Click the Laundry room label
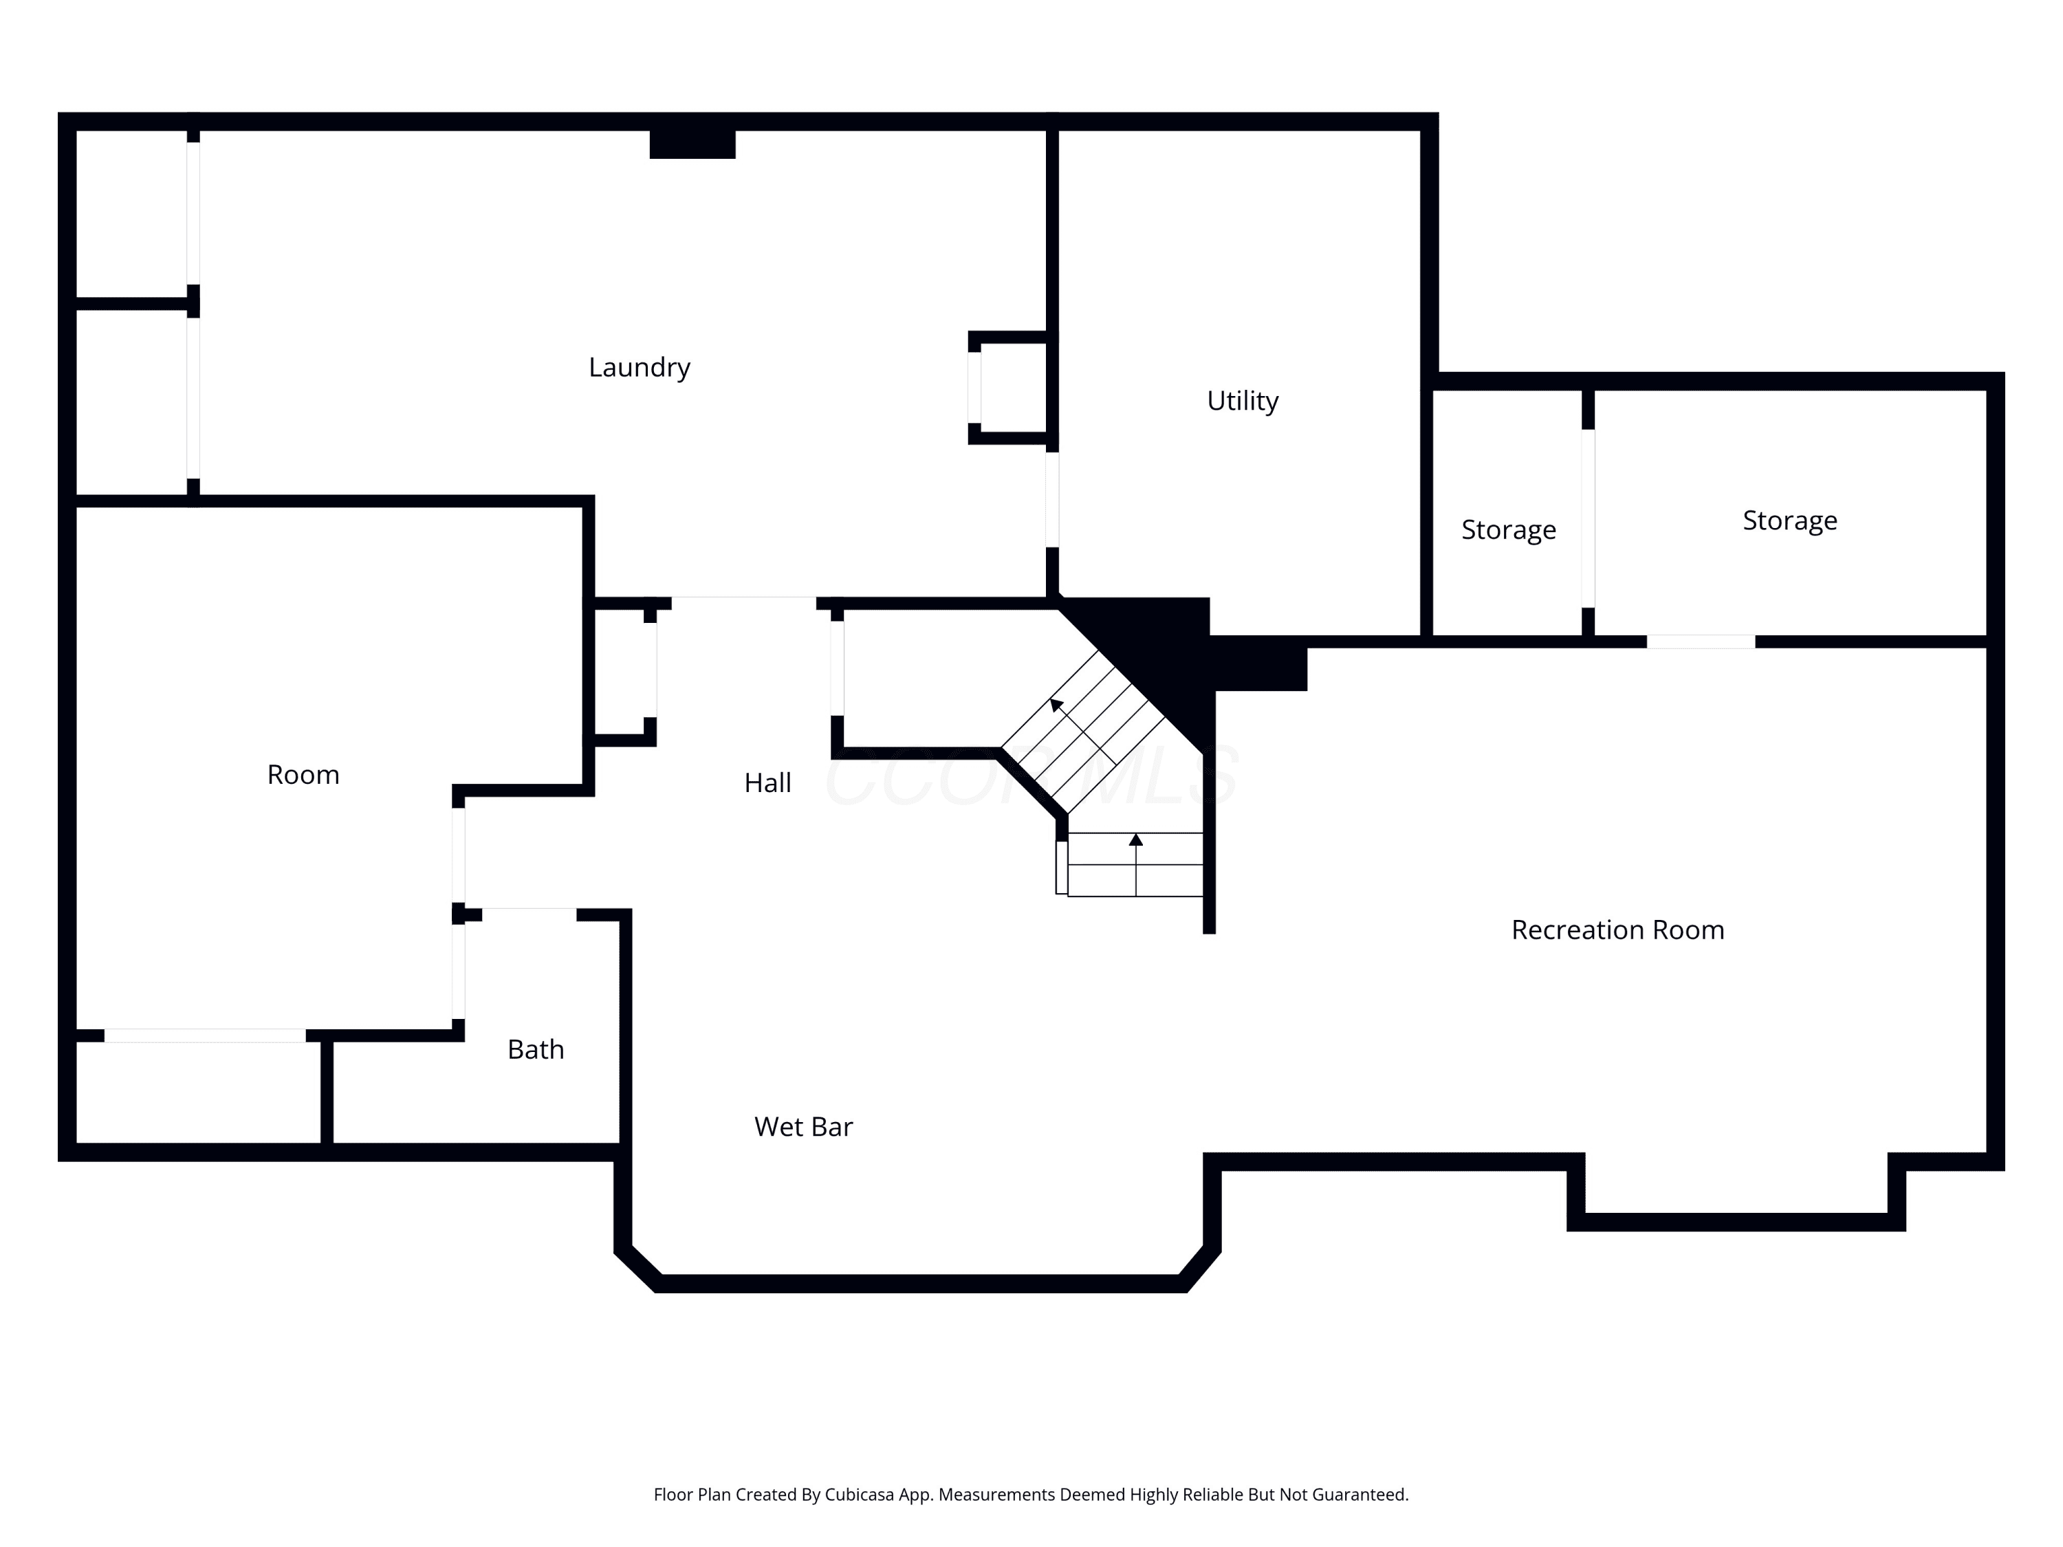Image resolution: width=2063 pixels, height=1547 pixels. tap(639, 367)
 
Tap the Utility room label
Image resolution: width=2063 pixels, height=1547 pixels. tap(1243, 401)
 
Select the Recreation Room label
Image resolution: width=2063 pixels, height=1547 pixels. tap(1617, 930)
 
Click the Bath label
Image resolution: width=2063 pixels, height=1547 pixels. tap(535, 1049)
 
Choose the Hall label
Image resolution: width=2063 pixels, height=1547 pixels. tap(767, 782)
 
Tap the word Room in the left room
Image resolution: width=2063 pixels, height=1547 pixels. tap(303, 774)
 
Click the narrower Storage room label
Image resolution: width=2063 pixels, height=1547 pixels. tap(1508, 529)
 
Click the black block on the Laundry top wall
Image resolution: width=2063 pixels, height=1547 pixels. tap(692, 144)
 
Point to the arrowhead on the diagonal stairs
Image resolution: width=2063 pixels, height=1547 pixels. tap(1056, 704)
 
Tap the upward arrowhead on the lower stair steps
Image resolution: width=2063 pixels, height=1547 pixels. tap(1135, 840)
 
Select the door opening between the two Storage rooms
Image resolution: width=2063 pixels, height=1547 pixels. tap(1587, 518)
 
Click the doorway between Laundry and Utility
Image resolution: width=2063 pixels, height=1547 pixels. tap(1052, 500)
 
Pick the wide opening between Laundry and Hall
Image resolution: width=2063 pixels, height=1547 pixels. tap(743, 602)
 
